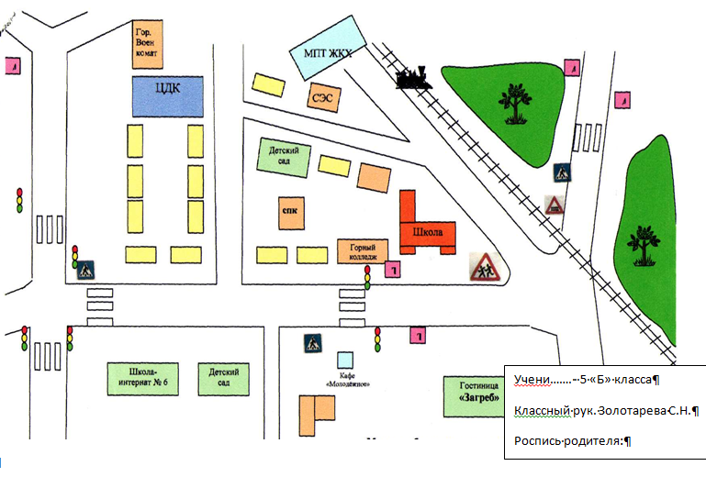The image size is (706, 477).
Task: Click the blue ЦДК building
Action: pos(168,95)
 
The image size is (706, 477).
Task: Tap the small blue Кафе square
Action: pos(345,358)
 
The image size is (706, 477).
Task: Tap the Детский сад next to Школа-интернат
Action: pos(225,376)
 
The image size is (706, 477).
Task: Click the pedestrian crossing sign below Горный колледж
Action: pos(314,343)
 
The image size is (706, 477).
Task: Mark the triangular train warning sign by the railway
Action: pos(555,205)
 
